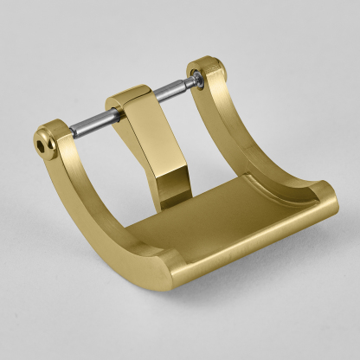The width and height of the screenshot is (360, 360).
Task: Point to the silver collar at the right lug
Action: tap(199, 79)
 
